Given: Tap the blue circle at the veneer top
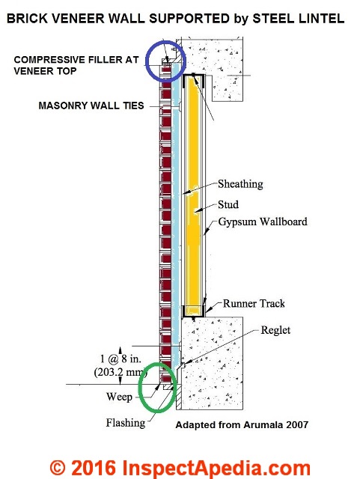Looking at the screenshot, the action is (x=146, y=61).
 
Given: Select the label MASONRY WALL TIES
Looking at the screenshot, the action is (x=91, y=106).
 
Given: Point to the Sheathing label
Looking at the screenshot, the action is (x=240, y=184).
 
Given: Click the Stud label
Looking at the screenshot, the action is (x=228, y=204).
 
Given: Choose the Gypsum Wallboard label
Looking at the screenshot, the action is (x=263, y=222).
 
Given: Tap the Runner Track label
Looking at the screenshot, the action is (x=254, y=303).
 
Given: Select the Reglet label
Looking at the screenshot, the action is (x=275, y=330).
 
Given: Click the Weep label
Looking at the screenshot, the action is (x=119, y=397).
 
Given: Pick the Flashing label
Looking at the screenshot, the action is (x=126, y=423).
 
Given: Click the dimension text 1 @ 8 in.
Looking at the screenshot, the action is (x=121, y=359).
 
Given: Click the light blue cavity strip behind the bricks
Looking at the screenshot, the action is (x=175, y=214).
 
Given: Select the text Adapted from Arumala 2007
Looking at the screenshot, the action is (x=242, y=425).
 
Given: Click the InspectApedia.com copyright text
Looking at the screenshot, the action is (x=180, y=468).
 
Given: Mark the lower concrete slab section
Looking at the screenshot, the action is (x=212, y=362).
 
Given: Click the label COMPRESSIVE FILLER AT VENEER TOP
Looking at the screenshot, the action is (x=76, y=65).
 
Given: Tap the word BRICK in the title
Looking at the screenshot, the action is (x=27, y=19).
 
